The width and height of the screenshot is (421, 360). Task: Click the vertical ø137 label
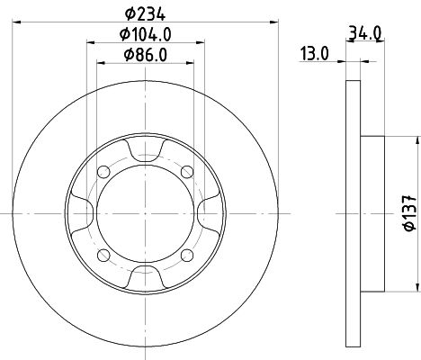point(406,212)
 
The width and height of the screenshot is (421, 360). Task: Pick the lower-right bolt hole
point(187,256)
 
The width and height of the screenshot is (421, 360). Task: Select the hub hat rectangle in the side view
point(374,213)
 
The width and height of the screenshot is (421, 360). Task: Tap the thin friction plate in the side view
point(352,213)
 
